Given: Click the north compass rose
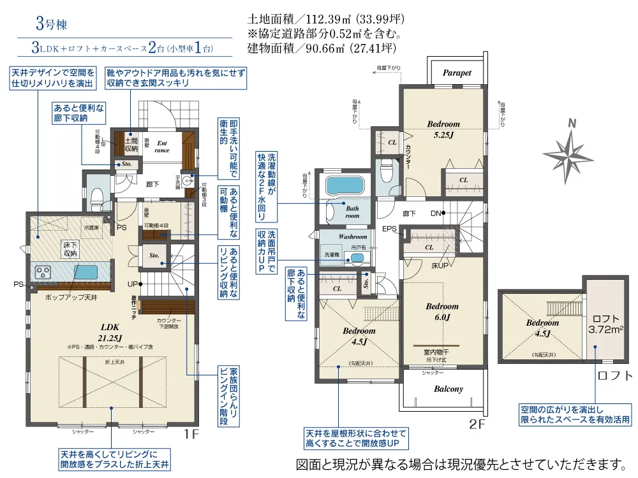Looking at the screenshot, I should click(567, 153).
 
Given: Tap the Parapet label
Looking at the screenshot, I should click(457, 73).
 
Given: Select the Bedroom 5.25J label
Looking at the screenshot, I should click(443, 129).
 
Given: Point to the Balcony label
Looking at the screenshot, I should click(449, 389).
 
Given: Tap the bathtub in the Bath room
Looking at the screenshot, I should click(344, 187).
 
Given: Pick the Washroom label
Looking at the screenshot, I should click(353, 236).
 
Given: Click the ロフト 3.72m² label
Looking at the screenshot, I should click(605, 324).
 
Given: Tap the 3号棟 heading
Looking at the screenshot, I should click(51, 26).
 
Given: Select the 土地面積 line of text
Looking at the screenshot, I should click(325, 19).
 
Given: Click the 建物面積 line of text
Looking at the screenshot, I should click(322, 48).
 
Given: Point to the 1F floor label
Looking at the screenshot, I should click(192, 435).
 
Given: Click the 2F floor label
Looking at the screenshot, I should click(477, 424).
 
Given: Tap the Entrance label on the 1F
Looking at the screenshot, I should click(162, 147).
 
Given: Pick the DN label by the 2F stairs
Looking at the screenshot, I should click(436, 213).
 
